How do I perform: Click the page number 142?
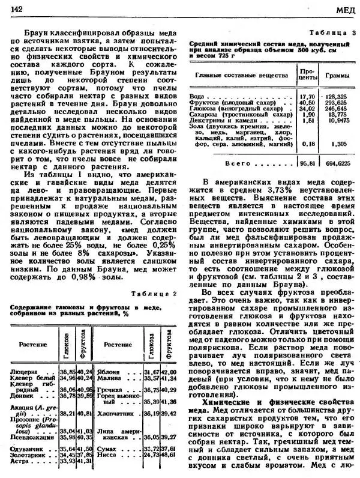pyautogui.click(x=16, y=8)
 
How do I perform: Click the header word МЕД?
pyautogui.click(x=345, y=9)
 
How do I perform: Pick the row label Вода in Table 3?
pyautogui.click(x=197, y=96)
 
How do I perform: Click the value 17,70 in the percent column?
pyautogui.click(x=307, y=96)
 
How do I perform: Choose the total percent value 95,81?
pyautogui.click(x=307, y=163)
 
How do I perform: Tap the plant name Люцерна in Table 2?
pyautogui.click(x=25, y=373)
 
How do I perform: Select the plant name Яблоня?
pyautogui.click(x=111, y=373)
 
